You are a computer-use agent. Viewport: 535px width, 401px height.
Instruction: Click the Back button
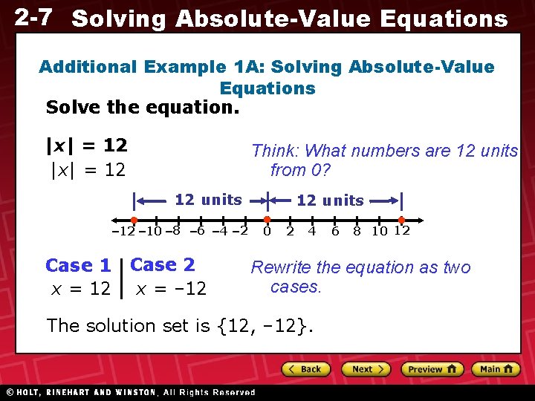click(x=305, y=369)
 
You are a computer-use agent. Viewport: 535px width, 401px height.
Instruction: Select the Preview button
click(x=432, y=369)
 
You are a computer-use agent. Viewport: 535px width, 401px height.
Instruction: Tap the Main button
click(x=496, y=369)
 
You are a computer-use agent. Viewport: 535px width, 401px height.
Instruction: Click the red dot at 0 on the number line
click(x=267, y=220)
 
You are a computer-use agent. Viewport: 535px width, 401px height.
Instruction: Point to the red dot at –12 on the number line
click(x=134, y=220)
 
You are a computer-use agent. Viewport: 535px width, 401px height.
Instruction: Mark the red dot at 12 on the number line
click(x=401, y=220)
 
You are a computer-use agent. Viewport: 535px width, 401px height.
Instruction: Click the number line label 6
click(x=335, y=232)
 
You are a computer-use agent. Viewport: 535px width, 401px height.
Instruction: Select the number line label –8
click(x=172, y=231)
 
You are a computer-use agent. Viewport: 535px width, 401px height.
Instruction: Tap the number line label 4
click(x=312, y=232)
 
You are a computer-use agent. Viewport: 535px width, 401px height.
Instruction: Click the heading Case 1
click(x=78, y=265)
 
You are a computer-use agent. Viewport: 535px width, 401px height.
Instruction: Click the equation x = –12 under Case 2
click(x=171, y=288)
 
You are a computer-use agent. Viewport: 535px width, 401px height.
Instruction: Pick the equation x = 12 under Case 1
click(x=80, y=288)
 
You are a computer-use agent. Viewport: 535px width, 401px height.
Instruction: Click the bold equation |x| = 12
click(x=87, y=145)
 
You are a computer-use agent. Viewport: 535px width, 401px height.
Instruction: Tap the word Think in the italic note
click(x=273, y=151)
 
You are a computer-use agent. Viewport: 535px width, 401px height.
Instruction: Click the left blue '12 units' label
click(x=208, y=199)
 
